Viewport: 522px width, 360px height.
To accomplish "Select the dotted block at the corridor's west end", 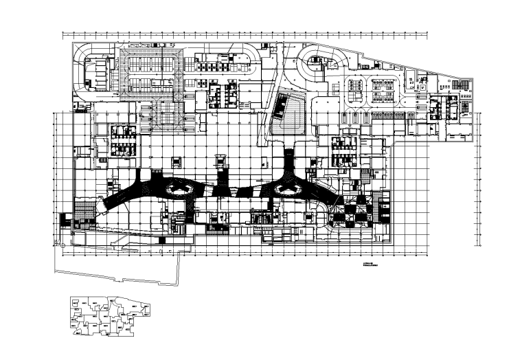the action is [85, 209].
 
